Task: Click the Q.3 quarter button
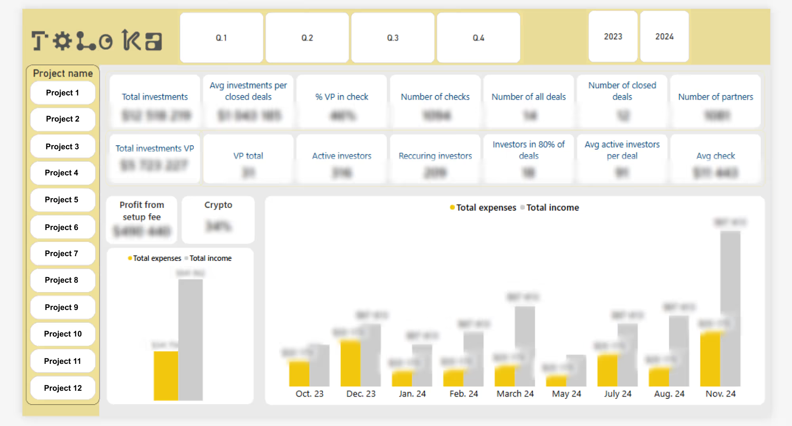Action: (393, 38)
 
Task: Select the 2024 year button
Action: (664, 36)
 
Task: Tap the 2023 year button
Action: (613, 36)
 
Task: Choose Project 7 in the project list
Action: (62, 253)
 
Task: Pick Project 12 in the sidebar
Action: (63, 388)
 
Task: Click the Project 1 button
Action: (63, 93)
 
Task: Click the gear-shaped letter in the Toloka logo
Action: (62, 41)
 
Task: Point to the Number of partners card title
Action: (715, 97)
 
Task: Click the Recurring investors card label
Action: (435, 156)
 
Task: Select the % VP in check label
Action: (342, 97)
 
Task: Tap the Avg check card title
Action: (715, 156)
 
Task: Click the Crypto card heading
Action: (218, 205)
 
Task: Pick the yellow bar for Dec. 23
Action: (350, 362)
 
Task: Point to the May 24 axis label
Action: (566, 394)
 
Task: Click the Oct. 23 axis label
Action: (309, 394)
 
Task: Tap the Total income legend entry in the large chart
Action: (552, 207)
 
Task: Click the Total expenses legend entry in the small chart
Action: (156, 258)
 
